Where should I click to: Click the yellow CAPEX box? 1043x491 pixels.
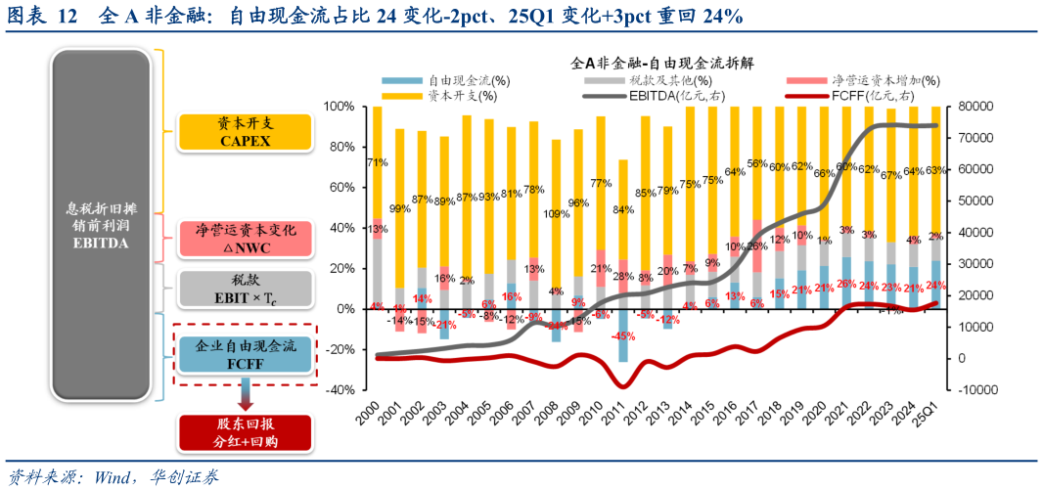point(244,132)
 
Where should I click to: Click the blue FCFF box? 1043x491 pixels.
point(244,354)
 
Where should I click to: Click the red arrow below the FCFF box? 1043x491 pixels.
point(244,396)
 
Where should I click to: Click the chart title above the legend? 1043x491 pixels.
point(661,62)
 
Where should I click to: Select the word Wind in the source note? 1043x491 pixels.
point(116,477)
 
